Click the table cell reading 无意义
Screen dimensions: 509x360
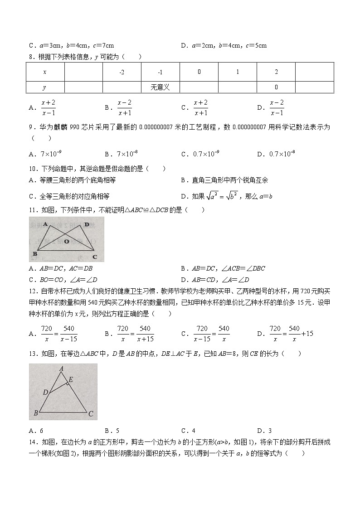pos(160,87)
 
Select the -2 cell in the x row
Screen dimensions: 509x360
pos(122,72)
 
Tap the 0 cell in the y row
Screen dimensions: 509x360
pos(276,87)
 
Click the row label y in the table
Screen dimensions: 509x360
pos(44,87)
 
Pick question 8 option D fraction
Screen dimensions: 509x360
pos(276,108)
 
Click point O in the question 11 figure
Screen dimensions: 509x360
pos(66,242)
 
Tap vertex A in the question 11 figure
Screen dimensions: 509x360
pos(45,224)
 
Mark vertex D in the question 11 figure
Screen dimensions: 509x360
pos(86,224)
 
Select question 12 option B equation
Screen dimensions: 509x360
pos(136,334)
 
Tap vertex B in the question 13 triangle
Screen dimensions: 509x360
pos(35,413)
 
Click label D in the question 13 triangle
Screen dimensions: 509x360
pos(45,392)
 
